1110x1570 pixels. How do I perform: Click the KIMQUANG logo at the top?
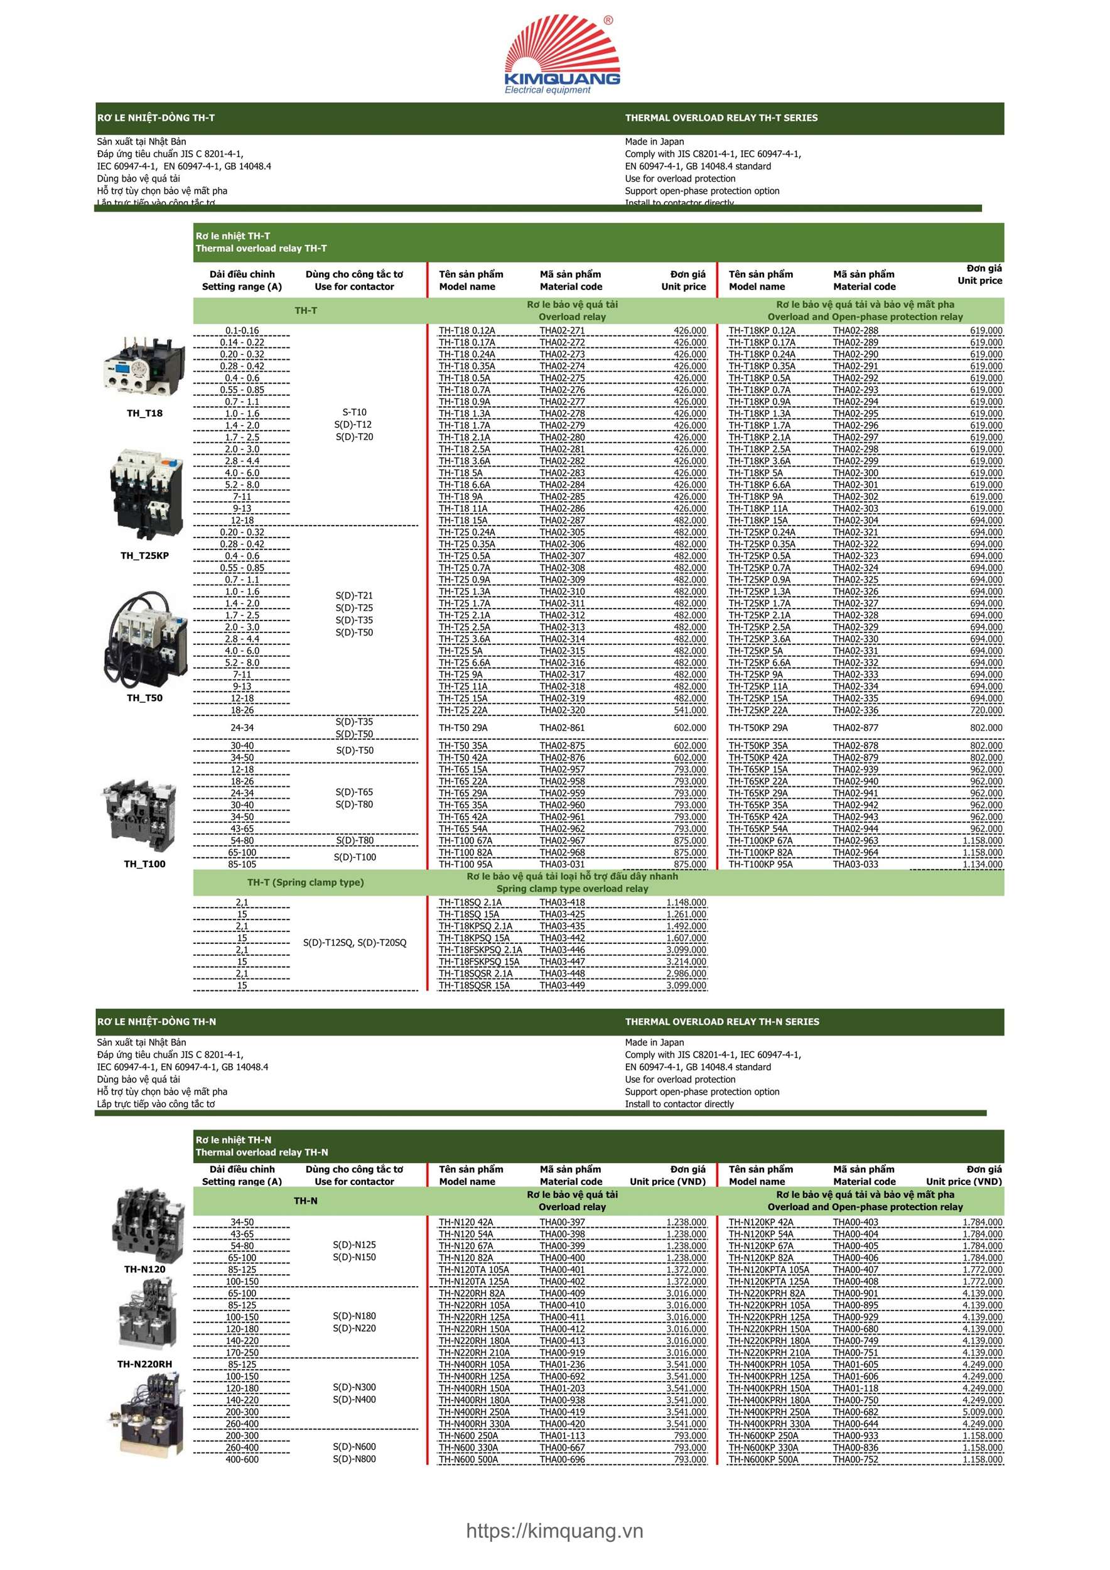pos(562,55)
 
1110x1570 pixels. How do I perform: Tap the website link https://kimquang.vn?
pos(554,1531)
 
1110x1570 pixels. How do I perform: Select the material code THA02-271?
pos(562,331)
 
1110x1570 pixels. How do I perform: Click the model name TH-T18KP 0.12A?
pos(762,331)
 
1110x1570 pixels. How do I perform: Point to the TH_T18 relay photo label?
pos(145,413)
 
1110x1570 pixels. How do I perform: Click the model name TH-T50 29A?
pos(463,728)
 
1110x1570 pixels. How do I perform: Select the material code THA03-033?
pos(855,864)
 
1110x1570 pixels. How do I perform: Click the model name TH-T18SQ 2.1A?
pos(470,902)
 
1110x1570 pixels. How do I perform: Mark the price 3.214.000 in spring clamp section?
pos(686,962)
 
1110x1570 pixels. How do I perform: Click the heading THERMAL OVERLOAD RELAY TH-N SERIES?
pos(722,1022)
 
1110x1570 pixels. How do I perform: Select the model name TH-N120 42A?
pos(465,1222)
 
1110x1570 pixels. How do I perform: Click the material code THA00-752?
pos(855,1459)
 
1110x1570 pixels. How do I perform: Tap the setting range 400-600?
pos(242,1459)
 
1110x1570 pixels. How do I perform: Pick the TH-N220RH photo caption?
pos(145,1364)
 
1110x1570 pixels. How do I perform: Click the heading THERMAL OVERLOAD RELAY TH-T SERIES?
pos(721,117)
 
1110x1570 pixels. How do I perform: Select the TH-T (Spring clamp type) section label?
pos(306,883)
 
